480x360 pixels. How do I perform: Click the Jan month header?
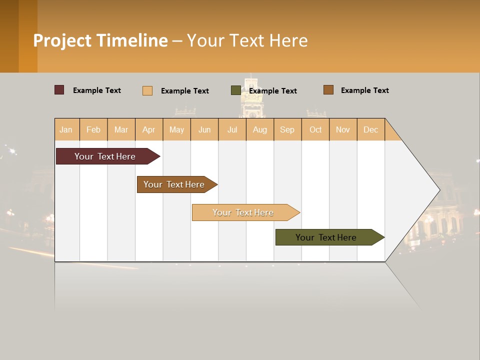point(66,129)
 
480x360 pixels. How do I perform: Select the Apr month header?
point(149,129)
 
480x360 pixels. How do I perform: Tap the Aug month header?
point(259,129)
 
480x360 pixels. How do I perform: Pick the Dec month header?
point(370,129)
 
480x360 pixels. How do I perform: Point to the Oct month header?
point(315,129)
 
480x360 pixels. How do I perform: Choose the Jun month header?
point(204,129)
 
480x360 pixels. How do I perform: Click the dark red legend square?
point(59,90)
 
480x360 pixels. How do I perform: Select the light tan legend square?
point(147,90)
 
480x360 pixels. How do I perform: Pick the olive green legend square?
point(236,90)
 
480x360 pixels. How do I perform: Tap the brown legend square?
point(328,90)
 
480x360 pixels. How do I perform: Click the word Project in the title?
point(62,40)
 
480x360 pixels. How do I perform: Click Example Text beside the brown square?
point(364,90)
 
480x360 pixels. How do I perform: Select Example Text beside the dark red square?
point(96,90)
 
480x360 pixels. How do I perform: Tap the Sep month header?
point(287,129)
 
